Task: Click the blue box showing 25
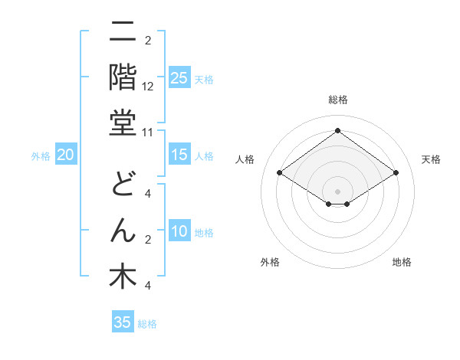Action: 179,77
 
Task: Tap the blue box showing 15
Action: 179,155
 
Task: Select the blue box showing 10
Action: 179,232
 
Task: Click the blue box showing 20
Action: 66,155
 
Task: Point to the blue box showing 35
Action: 123,322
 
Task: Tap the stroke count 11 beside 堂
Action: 149,133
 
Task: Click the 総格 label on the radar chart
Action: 338,100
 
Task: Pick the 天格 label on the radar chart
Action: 432,159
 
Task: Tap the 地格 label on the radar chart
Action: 402,262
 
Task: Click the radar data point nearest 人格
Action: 280,173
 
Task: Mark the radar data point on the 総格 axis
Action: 338,131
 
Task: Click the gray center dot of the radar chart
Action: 338,191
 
